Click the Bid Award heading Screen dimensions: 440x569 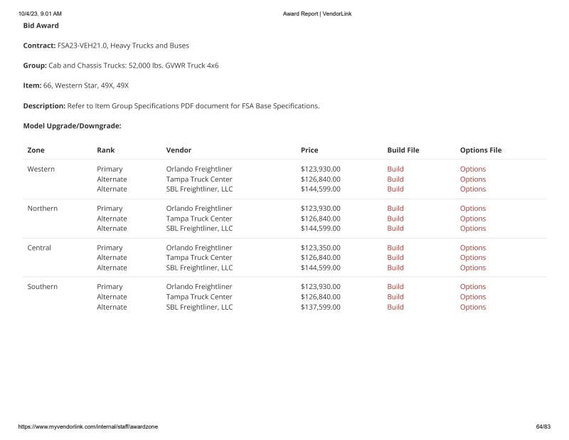coord(41,26)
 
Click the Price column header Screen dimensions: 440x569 coord(309,150)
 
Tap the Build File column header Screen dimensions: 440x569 coord(403,150)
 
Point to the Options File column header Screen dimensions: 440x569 coord(480,150)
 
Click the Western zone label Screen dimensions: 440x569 coord(41,169)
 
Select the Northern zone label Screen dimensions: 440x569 coord(42,209)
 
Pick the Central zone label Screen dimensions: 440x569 coord(39,248)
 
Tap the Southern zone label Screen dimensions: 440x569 coord(42,287)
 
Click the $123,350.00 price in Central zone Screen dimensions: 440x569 coord(320,248)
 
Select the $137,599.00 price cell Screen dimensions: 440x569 coord(320,307)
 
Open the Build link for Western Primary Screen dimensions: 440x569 coord(395,169)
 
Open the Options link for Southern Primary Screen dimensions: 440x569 coord(472,287)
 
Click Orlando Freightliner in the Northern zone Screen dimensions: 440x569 coord(199,209)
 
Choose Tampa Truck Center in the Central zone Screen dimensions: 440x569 coord(199,258)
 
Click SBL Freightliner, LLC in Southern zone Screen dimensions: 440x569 coord(199,307)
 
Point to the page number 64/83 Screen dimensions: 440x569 coord(543,426)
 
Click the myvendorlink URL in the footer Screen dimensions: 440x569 coord(87,426)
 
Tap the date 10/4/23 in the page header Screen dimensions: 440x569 coord(28,14)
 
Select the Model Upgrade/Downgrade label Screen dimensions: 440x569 coord(72,125)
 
